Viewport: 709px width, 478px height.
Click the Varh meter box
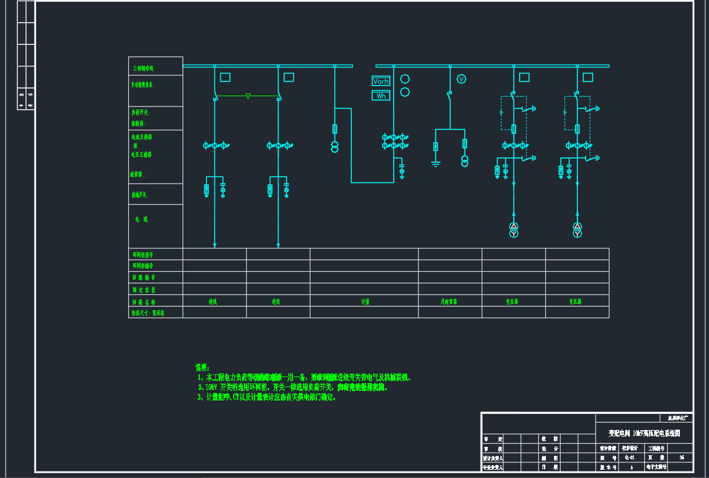381,82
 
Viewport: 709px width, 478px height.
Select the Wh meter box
381,96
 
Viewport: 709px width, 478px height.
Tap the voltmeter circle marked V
461,79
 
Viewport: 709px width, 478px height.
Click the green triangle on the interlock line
248,96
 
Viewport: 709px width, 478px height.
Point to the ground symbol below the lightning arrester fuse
435,163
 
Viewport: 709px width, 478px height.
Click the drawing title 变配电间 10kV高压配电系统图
644,434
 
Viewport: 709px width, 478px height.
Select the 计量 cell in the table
365,301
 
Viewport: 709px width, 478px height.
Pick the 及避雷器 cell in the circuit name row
449,301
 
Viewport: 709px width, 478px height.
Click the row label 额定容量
143,289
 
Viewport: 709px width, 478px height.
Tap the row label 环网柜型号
143,255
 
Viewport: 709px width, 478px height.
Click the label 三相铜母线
143,68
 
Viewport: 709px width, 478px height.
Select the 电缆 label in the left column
141,219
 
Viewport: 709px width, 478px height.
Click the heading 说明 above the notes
202,367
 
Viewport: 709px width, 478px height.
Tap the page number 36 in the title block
682,458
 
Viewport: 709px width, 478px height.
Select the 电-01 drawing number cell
629,458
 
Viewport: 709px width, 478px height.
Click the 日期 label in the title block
546,467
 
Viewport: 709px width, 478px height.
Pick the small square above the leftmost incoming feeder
225,77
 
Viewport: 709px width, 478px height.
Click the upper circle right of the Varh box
405,79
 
